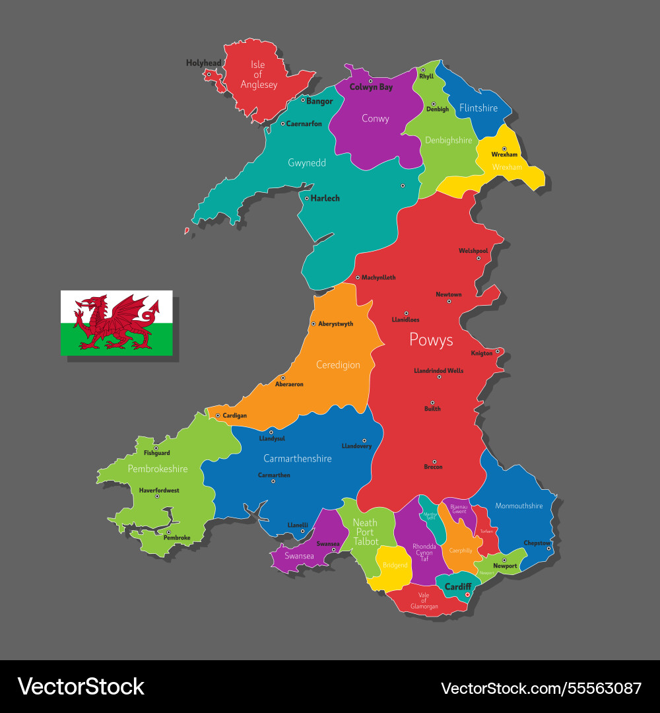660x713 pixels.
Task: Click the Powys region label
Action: (431, 339)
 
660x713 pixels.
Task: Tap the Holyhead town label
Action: (203, 63)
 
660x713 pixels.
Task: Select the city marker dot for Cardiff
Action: (467, 595)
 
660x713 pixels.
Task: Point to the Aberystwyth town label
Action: (335, 324)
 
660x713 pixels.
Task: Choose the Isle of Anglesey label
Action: (259, 75)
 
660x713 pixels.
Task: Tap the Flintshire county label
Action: (478, 108)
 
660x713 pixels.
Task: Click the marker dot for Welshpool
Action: (478, 257)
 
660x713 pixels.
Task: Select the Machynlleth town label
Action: (378, 278)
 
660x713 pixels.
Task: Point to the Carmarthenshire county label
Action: (297, 458)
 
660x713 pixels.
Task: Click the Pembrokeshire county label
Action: (158, 469)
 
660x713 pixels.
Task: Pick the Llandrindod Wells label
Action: (438, 371)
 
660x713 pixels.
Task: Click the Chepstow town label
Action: (537, 543)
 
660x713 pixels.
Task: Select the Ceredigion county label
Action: (338, 364)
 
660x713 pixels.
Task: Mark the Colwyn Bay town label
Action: (371, 87)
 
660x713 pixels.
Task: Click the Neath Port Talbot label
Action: (365, 532)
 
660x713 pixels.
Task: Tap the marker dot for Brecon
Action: (434, 461)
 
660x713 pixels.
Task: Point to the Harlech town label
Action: (325, 198)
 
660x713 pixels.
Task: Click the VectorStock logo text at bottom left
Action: (81, 687)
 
